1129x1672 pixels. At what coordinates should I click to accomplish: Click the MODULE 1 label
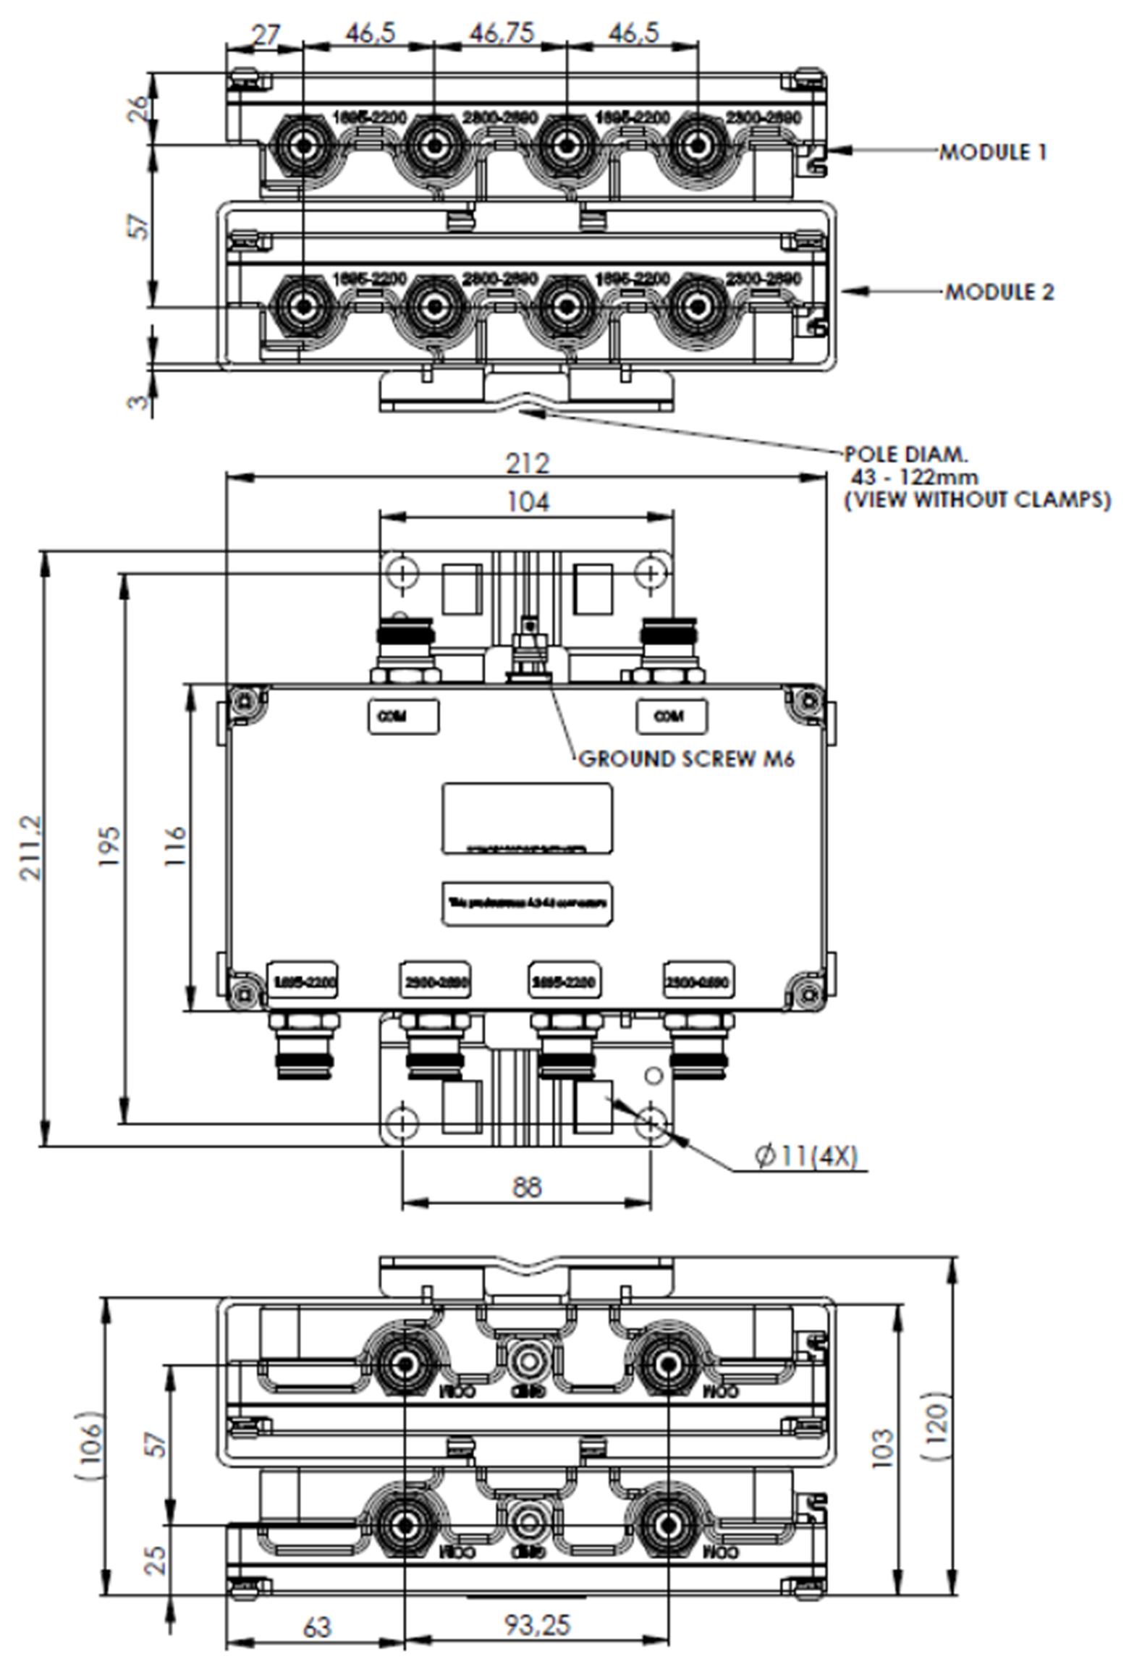pos(992,152)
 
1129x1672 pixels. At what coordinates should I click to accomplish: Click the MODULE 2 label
pos(999,292)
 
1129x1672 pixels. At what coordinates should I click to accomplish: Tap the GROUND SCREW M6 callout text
pos(686,759)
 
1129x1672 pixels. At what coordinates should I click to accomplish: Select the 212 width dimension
pos(527,463)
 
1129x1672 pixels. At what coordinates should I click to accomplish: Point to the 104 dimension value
pos(527,502)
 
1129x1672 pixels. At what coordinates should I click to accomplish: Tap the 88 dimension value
pos(527,1187)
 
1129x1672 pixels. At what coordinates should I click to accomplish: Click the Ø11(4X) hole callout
pos(805,1156)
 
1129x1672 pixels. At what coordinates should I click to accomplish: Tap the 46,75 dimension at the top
pos(502,33)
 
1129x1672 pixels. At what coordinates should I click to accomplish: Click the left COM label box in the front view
pos(403,717)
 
